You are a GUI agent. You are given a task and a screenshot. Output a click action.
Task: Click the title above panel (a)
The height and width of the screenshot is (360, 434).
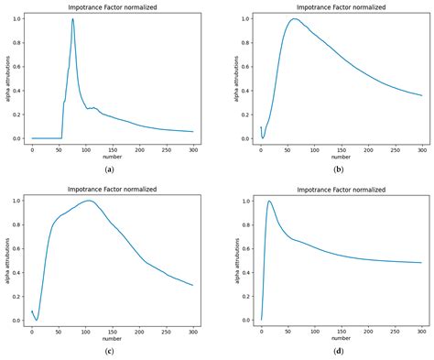click(x=113, y=7)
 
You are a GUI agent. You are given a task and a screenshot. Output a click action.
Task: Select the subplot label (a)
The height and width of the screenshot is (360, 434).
click(x=110, y=169)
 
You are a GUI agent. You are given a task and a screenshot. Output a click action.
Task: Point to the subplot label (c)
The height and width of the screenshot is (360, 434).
click(x=110, y=353)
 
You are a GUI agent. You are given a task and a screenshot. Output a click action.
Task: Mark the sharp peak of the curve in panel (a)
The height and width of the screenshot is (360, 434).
click(x=72, y=19)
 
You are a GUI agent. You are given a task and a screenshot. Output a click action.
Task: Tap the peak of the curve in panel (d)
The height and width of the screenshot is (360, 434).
click(x=269, y=202)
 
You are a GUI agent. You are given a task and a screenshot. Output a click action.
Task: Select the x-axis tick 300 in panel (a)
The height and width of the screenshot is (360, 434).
click(x=193, y=149)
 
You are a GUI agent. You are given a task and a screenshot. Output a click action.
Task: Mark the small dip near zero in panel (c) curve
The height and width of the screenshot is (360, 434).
click(x=37, y=320)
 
